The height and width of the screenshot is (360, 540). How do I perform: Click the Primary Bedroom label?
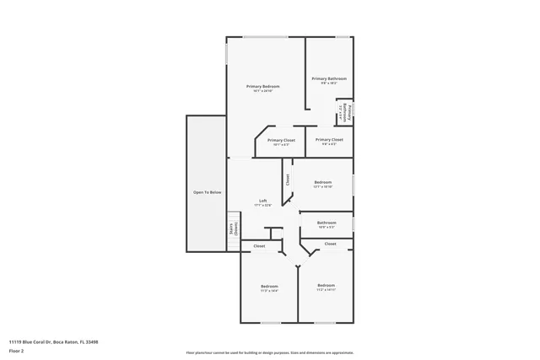[262, 87]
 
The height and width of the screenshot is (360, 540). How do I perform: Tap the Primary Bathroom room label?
[329, 78]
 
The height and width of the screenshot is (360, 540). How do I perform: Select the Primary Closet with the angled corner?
[280, 140]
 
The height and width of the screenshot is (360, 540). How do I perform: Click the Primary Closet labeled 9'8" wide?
[329, 140]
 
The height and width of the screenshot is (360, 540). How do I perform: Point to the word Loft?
[262, 201]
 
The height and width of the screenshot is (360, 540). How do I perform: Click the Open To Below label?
[207, 192]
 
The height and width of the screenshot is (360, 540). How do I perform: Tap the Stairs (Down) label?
[234, 228]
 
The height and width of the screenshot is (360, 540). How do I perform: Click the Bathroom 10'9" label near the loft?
[327, 223]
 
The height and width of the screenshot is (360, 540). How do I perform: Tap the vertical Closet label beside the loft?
[288, 180]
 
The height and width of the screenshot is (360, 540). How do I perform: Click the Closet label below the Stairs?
[259, 246]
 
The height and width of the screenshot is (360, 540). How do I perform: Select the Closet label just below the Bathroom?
[330, 244]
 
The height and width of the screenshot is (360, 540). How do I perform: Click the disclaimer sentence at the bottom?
[270, 352]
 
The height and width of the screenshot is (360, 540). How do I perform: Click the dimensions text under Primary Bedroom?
[262, 91]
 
